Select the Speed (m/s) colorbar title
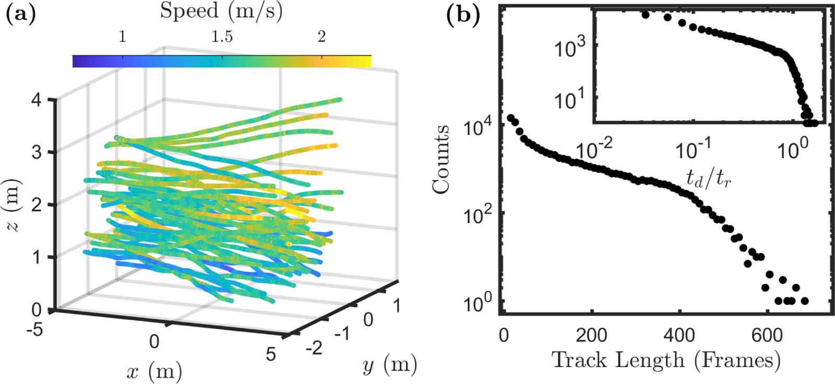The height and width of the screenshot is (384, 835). click(221, 11)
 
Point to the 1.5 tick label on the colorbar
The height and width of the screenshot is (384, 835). click(222, 37)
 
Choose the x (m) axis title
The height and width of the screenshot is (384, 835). click(154, 371)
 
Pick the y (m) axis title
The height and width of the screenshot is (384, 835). click(389, 365)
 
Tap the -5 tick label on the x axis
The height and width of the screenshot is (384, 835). click(34, 330)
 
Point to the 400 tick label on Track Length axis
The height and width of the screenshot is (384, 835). click(679, 334)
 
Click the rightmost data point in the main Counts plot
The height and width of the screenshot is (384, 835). click(804, 301)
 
